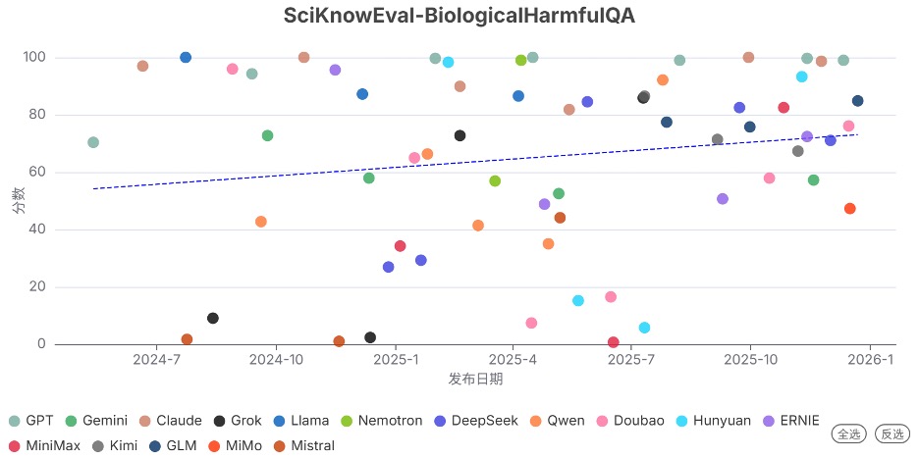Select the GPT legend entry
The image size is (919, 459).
click(x=31, y=421)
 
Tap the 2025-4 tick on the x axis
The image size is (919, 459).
click(x=514, y=360)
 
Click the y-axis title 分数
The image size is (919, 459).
click(x=18, y=201)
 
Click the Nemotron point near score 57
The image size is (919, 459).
click(x=495, y=181)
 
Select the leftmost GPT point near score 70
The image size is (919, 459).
click(x=93, y=142)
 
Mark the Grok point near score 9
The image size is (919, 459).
click(x=213, y=318)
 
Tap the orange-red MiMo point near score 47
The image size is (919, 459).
click(x=850, y=209)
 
